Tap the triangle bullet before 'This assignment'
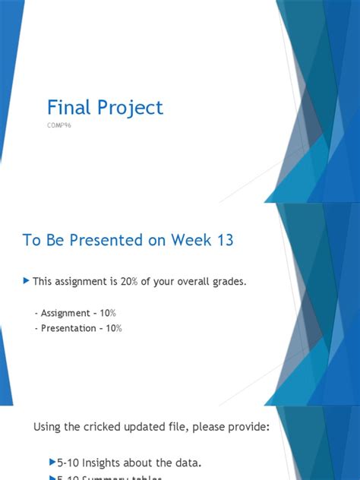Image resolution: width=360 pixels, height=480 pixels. [28, 281]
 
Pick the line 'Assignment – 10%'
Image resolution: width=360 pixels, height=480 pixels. [75, 314]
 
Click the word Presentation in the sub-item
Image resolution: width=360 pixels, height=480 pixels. [65, 328]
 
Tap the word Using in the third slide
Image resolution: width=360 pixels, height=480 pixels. [47, 428]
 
